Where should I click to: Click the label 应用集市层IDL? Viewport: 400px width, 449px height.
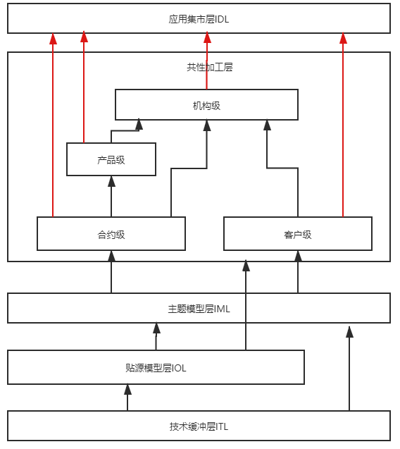199,19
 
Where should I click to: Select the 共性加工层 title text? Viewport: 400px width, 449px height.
210,67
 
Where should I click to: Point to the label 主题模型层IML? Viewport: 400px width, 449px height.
199,309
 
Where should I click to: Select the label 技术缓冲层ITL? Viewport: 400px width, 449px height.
199,426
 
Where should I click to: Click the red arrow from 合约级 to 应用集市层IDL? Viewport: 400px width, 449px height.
53,125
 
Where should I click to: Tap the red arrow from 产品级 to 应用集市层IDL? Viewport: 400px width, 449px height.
84,87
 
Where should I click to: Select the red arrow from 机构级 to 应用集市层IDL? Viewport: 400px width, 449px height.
207,61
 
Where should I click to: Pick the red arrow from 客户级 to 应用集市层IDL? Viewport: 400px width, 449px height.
343,125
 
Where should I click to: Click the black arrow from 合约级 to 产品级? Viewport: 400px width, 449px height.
111,197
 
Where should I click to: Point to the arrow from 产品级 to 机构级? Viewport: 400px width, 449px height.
125,131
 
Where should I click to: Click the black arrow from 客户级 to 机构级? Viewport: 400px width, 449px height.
282,168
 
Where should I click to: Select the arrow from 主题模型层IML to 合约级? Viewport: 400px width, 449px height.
111,272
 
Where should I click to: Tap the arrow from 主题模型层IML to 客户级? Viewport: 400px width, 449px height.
298,272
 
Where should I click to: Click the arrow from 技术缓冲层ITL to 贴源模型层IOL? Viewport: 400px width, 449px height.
127,398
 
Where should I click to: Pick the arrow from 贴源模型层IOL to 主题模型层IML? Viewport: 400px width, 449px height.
156,336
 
